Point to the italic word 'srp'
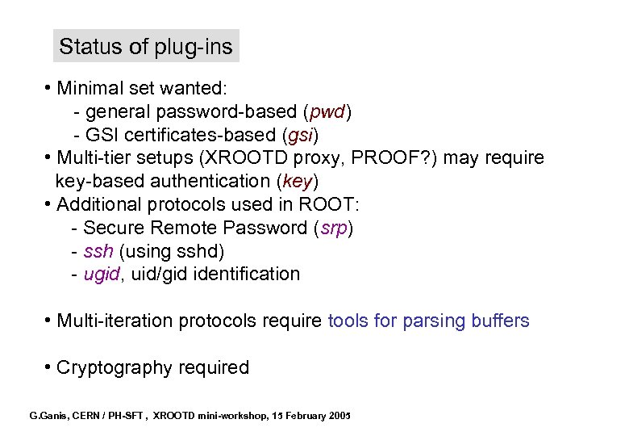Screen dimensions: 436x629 (x=333, y=228)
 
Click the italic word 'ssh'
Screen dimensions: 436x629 (x=98, y=251)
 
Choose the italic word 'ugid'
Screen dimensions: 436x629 (x=102, y=275)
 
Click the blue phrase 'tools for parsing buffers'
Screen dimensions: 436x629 (x=428, y=321)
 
